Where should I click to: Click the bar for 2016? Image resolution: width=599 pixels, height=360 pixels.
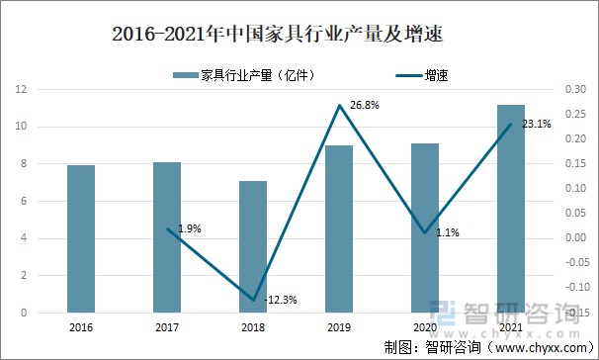(x=81, y=238)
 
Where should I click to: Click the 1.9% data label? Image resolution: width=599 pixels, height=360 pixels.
(x=190, y=228)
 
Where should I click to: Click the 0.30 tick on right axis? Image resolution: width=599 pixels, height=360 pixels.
(x=573, y=90)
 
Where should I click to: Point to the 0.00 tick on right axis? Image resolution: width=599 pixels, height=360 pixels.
(x=573, y=238)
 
